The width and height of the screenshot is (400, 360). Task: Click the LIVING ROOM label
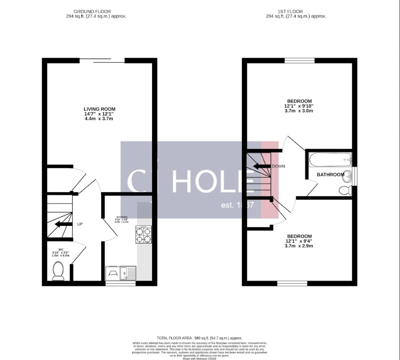99,109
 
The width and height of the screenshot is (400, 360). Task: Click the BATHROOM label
330,175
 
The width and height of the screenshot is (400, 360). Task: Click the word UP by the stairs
80,224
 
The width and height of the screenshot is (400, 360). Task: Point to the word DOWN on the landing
278,166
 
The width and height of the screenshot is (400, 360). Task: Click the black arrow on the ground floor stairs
63,224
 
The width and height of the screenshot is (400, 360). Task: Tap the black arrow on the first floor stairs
261,166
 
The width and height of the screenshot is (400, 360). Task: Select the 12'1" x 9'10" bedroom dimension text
300,106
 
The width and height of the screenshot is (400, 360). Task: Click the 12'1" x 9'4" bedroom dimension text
299,241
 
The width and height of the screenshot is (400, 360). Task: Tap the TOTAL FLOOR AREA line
199,338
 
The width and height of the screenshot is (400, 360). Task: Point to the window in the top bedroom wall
299,60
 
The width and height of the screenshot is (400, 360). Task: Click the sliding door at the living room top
102,60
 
